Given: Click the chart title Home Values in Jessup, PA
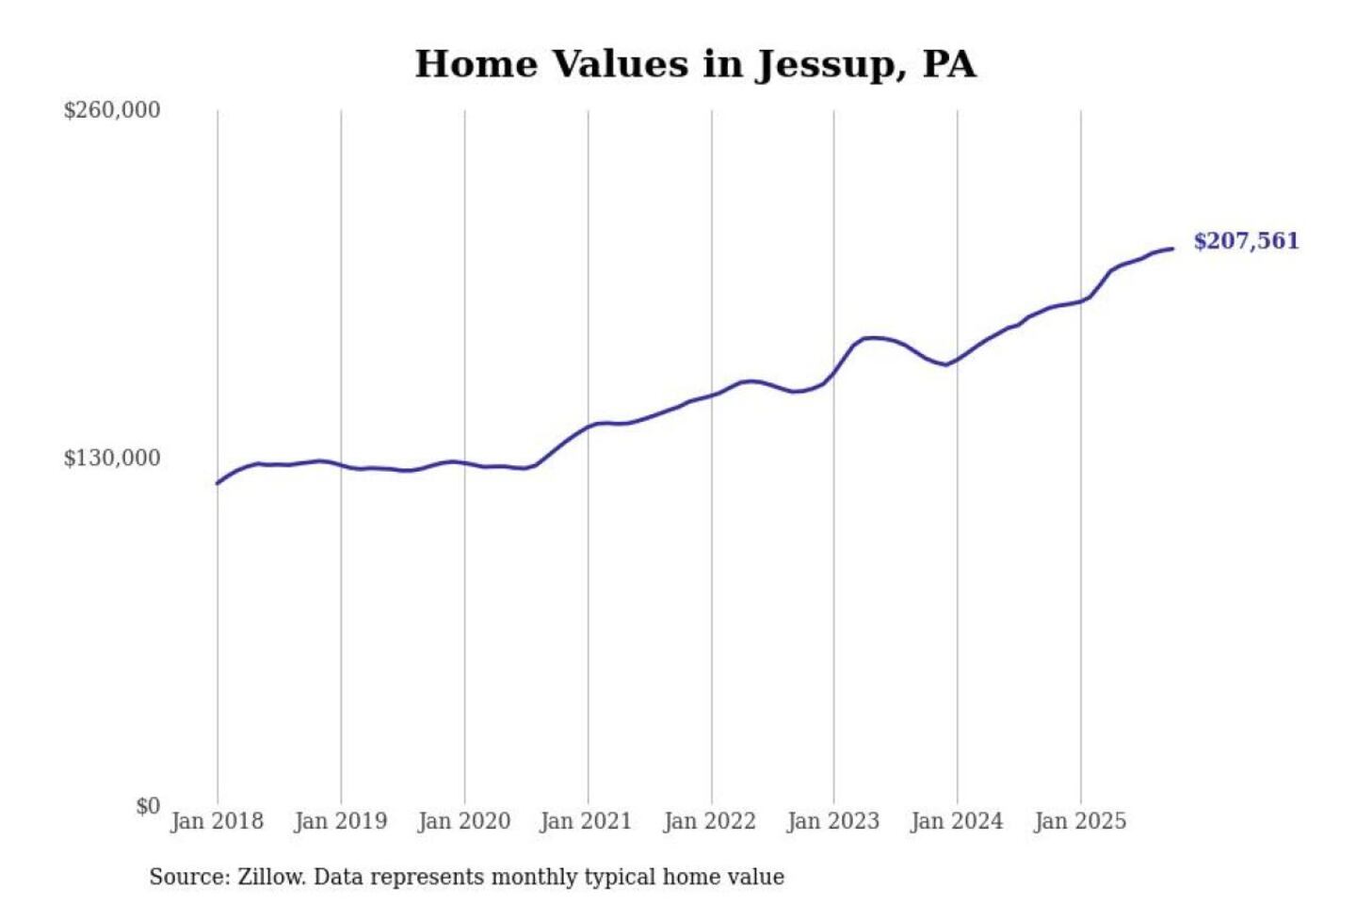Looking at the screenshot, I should pos(695,64).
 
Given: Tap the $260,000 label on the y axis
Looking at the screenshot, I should pos(112,110).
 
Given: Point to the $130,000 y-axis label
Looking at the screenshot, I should pos(112,459).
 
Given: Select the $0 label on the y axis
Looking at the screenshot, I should pos(148,806).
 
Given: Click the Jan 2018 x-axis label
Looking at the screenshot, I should pos(218,821).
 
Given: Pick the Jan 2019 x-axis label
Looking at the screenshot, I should pos(341,821).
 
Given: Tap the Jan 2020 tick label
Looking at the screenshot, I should pos(464,821).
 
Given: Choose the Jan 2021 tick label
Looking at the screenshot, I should pos(586,821).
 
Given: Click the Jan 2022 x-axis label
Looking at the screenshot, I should pos(710,821).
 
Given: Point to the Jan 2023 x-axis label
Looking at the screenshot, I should pos(833,821).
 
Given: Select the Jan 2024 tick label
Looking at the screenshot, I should pos(957,821).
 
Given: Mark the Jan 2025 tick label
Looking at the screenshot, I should pos(1080,821).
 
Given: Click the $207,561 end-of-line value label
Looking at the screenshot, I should pos(1246,241).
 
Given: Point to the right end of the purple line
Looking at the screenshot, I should pos(1172,249).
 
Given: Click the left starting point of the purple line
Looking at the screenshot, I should pos(218,483).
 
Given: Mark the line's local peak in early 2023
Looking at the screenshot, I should pos(872,337).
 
